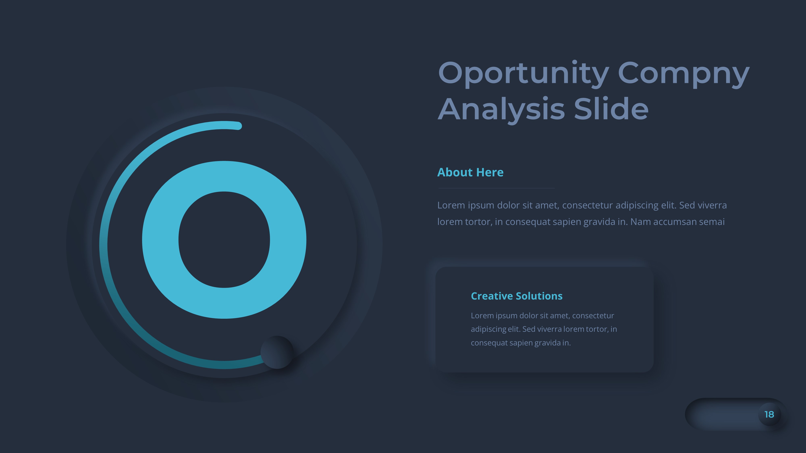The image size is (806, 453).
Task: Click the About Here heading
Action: tap(470, 172)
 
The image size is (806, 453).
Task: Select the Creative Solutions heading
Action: tap(517, 296)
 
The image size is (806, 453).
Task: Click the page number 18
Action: tap(769, 415)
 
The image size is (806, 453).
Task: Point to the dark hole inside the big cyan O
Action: tap(224, 239)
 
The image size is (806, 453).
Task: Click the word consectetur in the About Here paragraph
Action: tap(587, 205)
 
